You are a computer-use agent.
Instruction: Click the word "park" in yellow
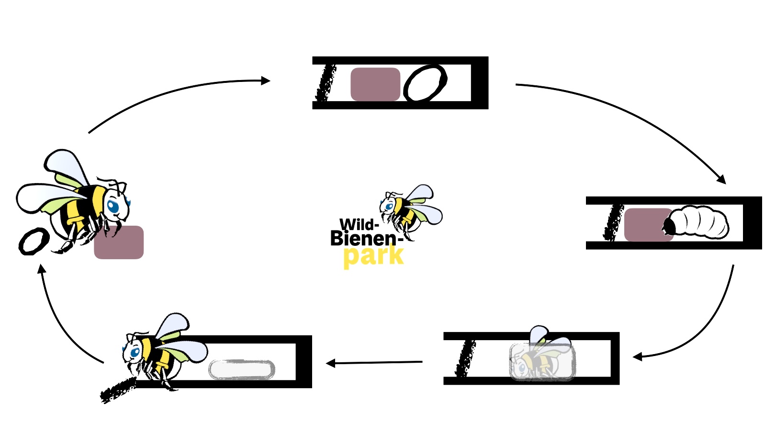(x=373, y=256)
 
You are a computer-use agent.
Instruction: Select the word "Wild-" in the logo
(x=359, y=224)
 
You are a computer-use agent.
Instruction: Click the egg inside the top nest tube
(x=425, y=83)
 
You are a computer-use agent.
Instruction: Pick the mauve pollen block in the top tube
(x=375, y=84)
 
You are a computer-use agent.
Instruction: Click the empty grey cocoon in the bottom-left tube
(x=242, y=369)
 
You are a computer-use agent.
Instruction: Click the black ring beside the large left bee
(x=34, y=241)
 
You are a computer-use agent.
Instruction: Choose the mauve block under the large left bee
(x=119, y=242)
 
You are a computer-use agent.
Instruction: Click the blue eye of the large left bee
(x=113, y=207)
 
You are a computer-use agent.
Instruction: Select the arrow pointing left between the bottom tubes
(x=373, y=363)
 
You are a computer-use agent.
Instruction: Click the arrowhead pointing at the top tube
(x=266, y=81)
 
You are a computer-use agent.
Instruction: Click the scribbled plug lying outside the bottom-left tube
(x=118, y=389)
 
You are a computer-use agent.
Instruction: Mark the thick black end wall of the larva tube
(x=752, y=223)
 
